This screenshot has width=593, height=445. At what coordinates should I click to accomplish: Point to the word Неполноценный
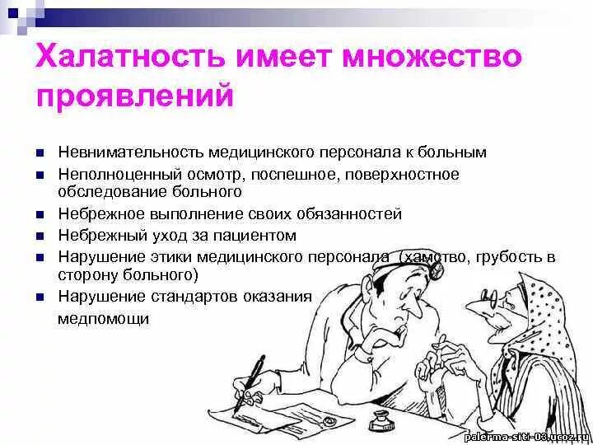click(x=108, y=175)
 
